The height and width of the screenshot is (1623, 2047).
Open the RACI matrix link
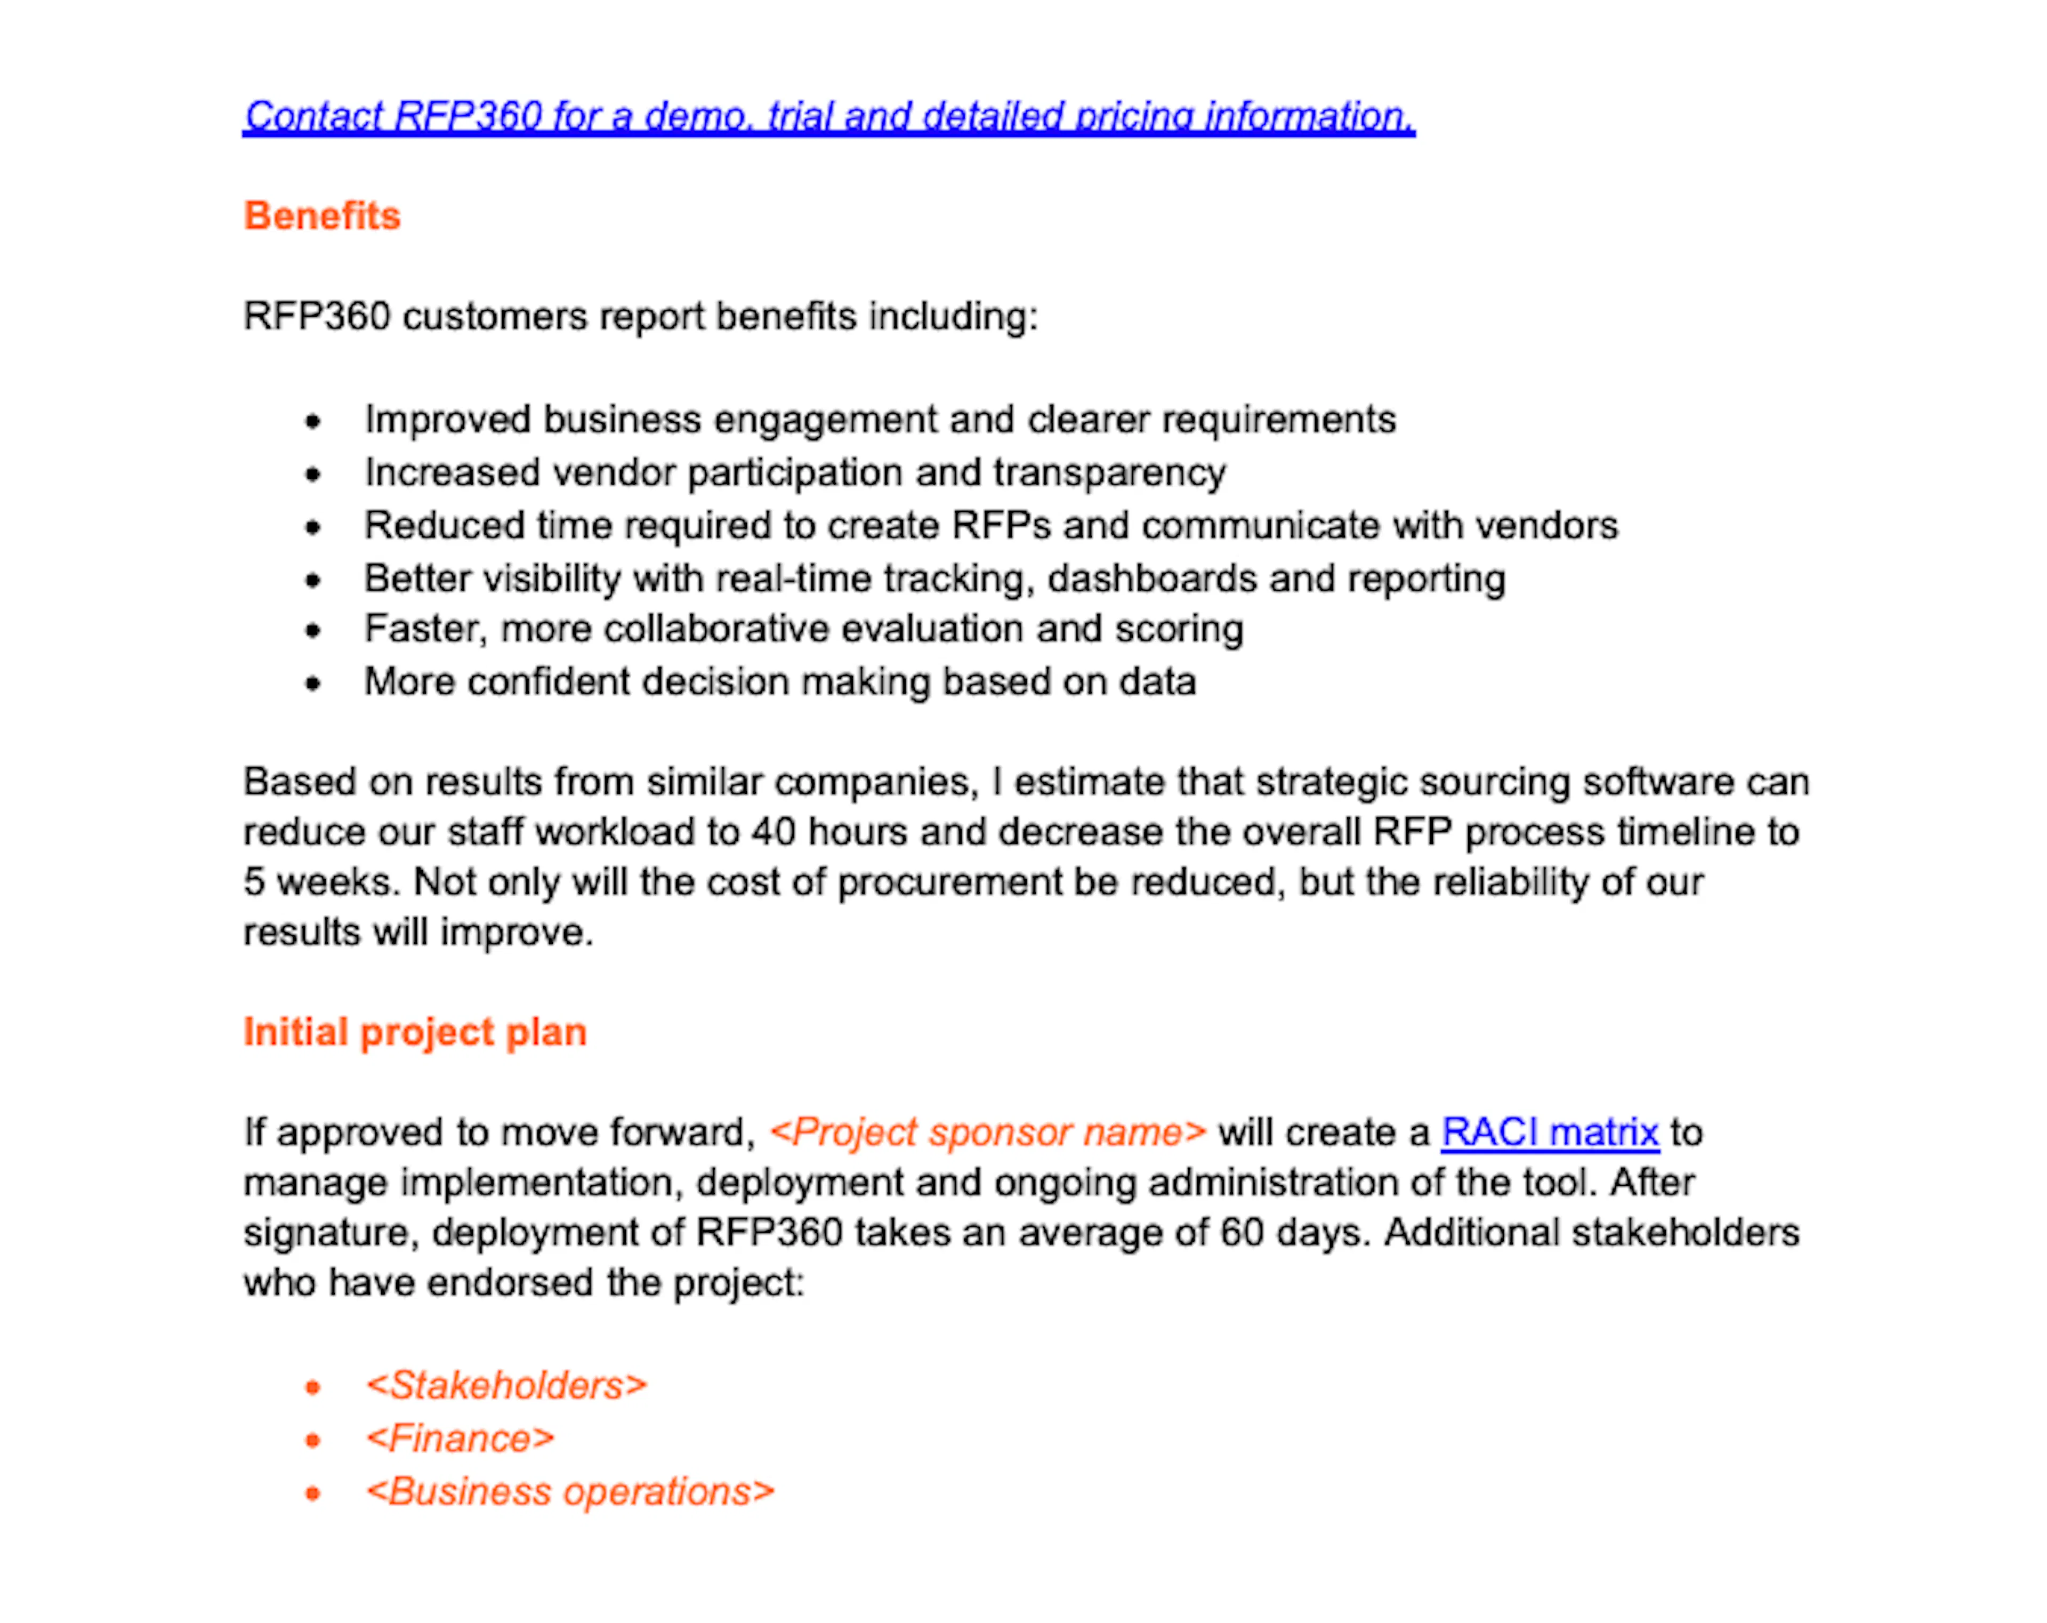point(1550,1132)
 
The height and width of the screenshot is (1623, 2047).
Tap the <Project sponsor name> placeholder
point(987,1132)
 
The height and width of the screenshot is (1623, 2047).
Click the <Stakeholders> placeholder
point(506,1386)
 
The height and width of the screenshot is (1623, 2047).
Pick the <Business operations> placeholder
point(570,1492)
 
